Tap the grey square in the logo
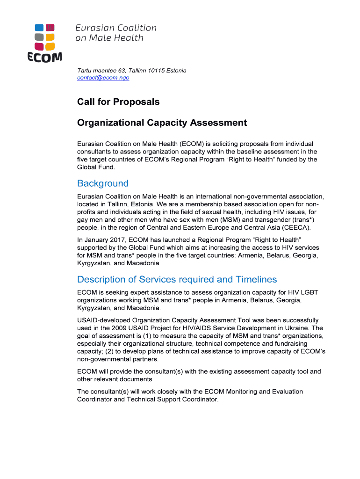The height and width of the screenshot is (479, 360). [x=40, y=37]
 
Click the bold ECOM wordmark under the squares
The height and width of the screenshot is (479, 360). [x=44, y=57]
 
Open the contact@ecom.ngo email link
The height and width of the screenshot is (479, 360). [x=103, y=78]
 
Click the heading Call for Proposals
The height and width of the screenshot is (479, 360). [x=118, y=102]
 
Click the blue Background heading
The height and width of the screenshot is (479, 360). [x=103, y=183]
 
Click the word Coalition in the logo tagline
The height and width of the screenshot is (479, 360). [x=134, y=28]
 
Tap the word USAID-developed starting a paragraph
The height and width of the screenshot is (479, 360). [x=104, y=320]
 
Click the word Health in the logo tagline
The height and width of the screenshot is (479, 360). [x=128, y=38]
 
